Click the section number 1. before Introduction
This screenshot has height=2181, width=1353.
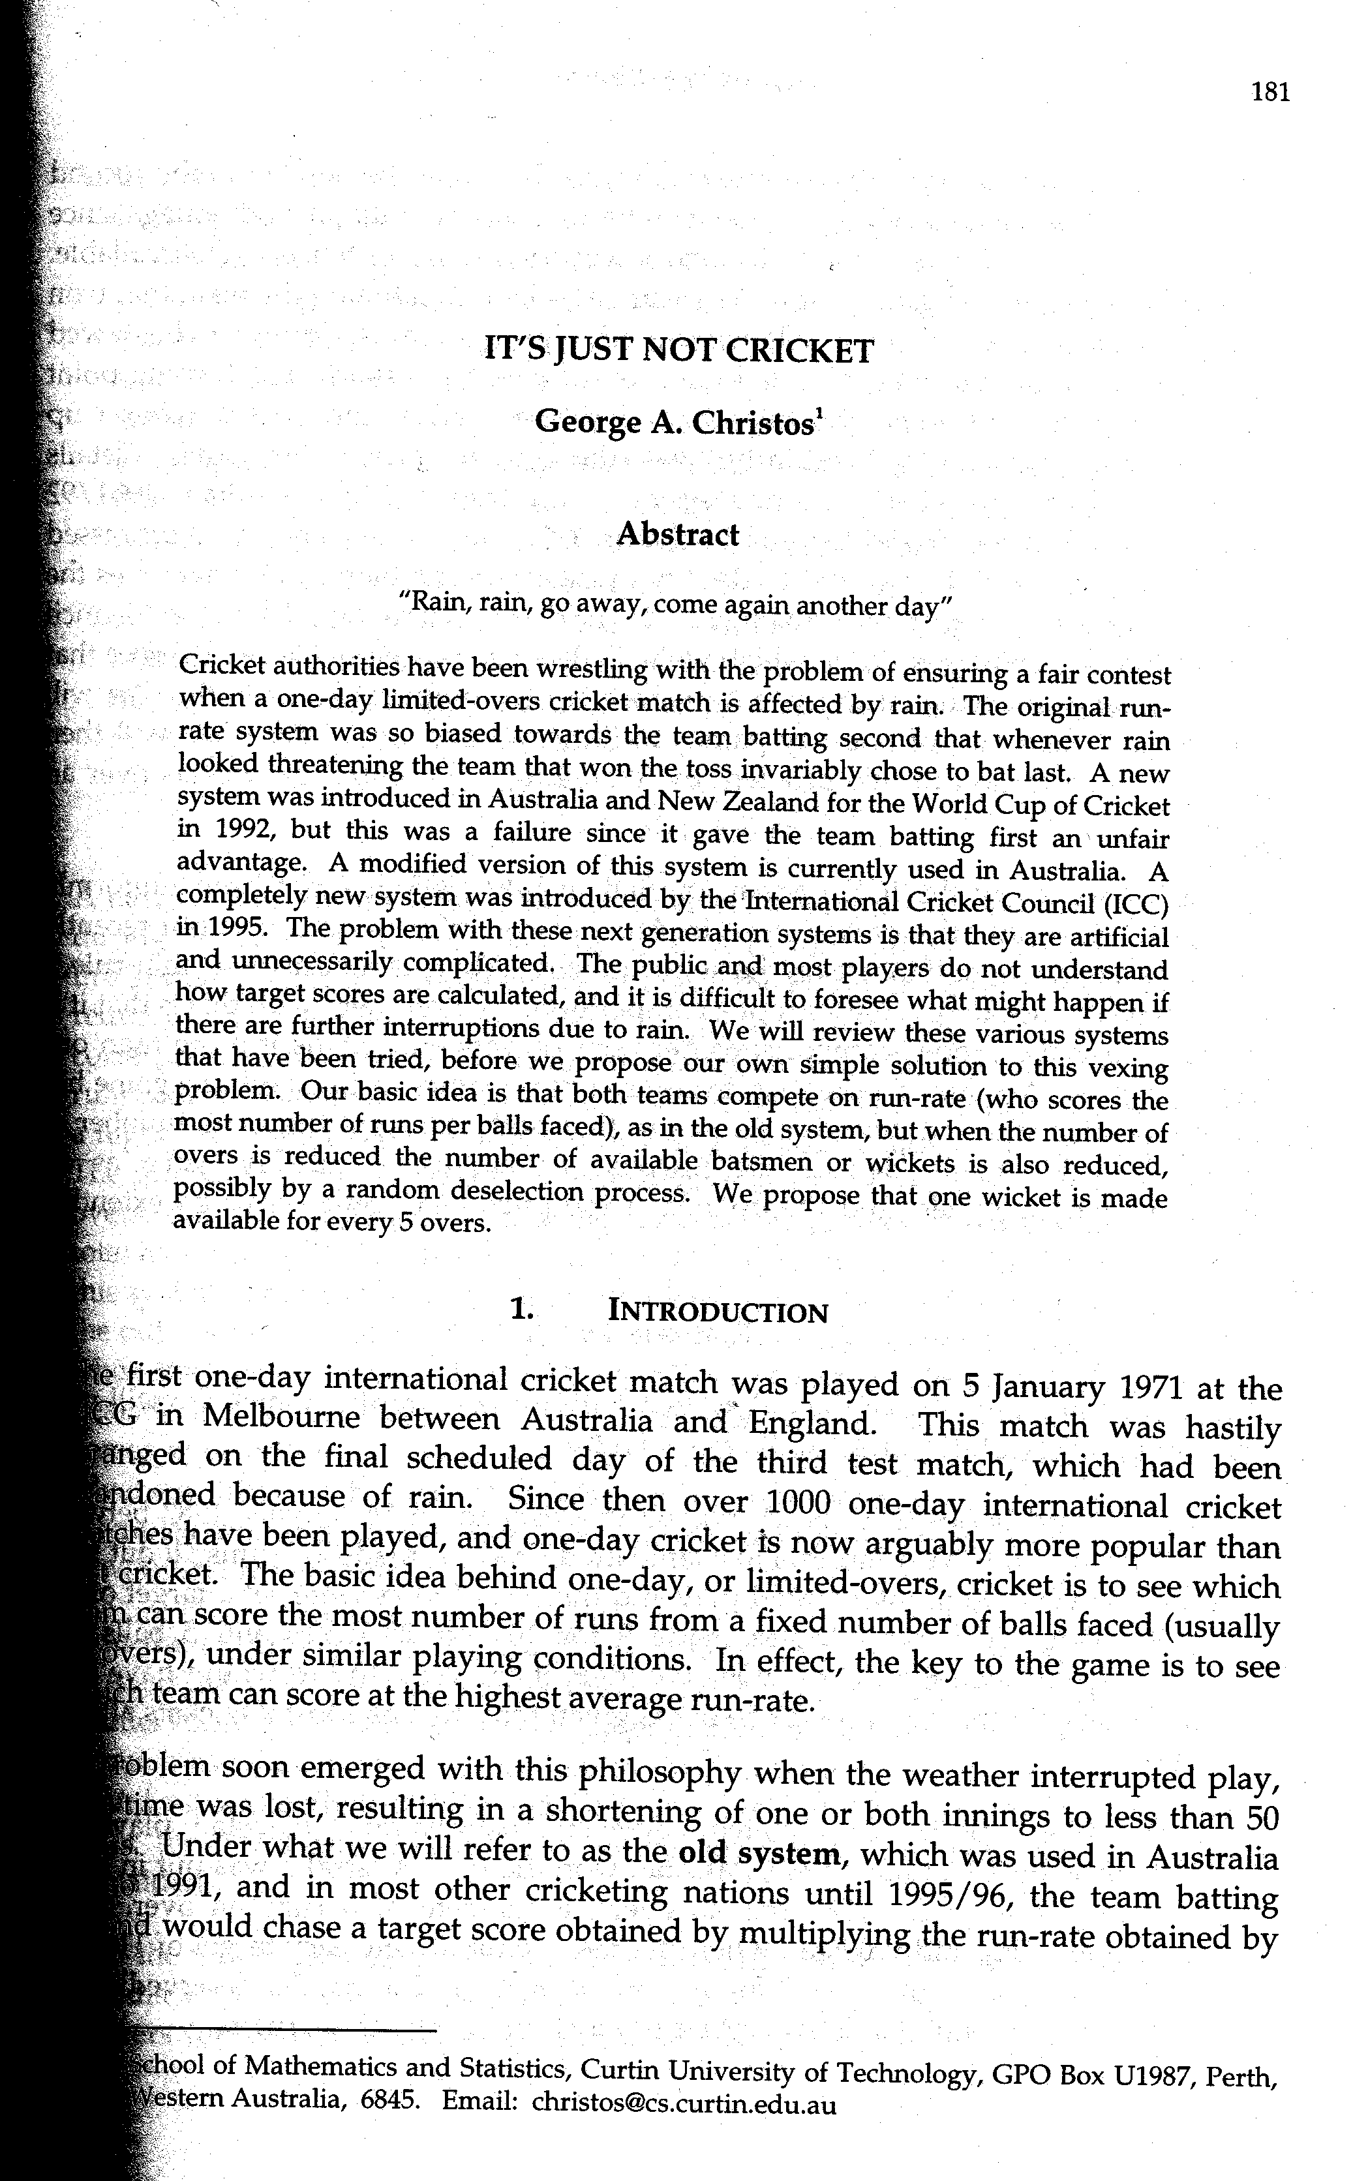522,1310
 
